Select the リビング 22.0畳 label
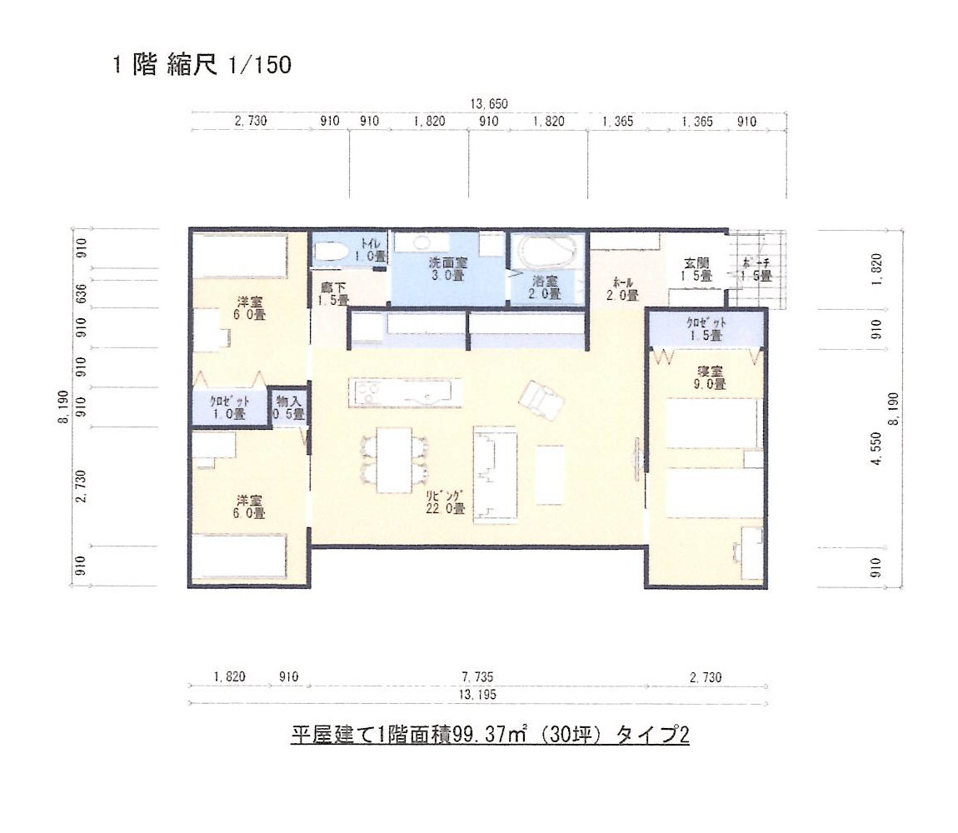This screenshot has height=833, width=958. click(x=445, y=502)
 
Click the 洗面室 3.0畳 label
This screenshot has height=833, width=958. click(x=447, y=269)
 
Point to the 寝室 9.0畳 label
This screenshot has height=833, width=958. click(x=707, y=377)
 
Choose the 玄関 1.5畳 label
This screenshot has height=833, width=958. click(x=696, y=269)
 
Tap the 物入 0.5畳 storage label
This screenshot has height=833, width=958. click(x=289, y=407)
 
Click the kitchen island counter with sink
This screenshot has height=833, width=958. click(x=405, y=392)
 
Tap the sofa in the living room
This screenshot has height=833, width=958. click(x=495, y=474)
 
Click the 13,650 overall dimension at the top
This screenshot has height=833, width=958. click(x=489, y=104)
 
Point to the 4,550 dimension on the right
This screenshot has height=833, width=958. click(x=876, y=472)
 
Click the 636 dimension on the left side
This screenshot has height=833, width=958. click(x=81, y=292)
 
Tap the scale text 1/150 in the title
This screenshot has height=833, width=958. click(x=259, y=65)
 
